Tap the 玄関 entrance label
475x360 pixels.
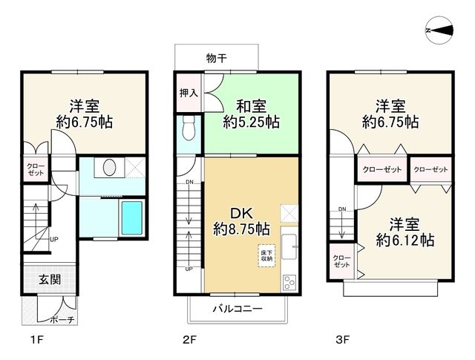coord(50,280)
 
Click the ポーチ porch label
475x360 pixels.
coord(62,320)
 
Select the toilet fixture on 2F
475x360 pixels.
coord(188,128)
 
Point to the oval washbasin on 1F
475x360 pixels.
coord(110,167)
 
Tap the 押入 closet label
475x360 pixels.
coord(188,94)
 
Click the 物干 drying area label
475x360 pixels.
coord(217,58)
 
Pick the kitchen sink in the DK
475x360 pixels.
coord(289,245)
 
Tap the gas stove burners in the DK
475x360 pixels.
coord(289,280)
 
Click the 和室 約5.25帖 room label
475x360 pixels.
coord(252,114)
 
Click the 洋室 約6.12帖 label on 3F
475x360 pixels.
coord(404,232)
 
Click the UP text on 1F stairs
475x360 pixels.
coord(54,240)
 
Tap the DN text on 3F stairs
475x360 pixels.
coord(341,209)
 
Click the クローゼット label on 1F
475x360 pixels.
coord(35,168)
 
